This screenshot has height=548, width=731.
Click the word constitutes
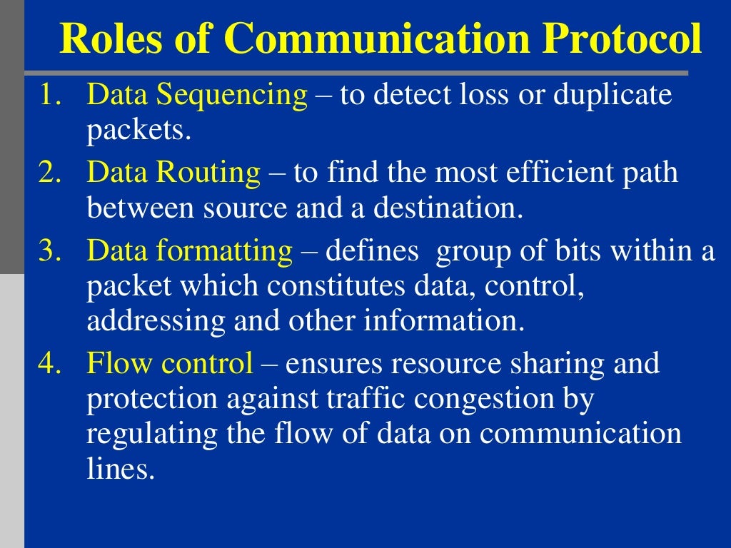pos(338,286)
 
